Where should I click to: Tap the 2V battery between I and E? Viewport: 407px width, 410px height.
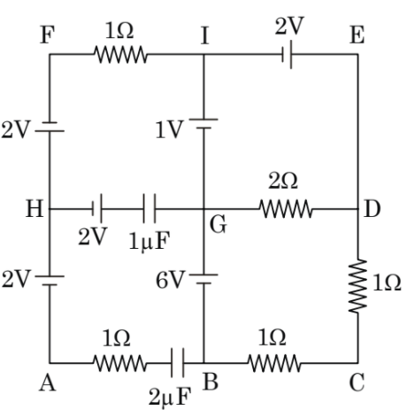(288, 54)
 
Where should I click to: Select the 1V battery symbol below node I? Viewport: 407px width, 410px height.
(204, 131)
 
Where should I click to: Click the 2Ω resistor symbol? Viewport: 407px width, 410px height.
(286, 211)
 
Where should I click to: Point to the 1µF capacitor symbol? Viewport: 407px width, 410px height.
(149, 211)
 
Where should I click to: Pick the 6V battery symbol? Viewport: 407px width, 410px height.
(204, 280)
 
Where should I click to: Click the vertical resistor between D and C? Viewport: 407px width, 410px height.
(358, 286)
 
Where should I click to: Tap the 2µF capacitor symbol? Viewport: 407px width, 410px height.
(179, 361)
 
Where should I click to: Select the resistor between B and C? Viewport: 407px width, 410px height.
(276, 361)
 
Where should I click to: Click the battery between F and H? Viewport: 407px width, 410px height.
(50, 131)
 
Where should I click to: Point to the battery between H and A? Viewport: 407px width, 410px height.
(50, 280)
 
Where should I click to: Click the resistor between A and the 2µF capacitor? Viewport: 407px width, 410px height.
(117, 361)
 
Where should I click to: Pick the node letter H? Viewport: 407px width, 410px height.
(35, 211)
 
